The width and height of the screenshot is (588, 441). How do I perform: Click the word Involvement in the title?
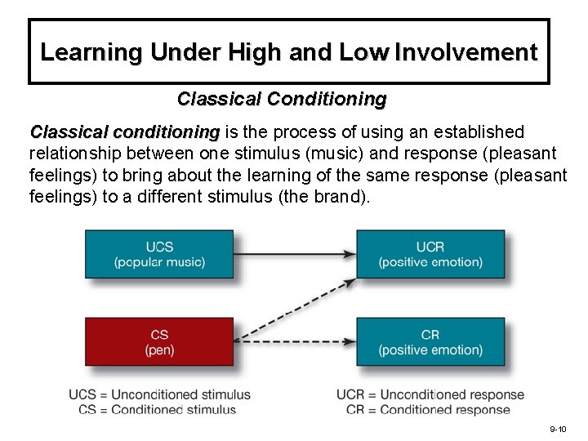pos(465,53)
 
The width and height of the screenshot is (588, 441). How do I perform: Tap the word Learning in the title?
pos(91,53)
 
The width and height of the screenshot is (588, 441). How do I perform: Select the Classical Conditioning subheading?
pos(282,100)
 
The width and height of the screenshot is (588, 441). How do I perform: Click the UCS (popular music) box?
pos(159,254)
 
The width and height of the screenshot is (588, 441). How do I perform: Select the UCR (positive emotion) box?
pos(430,254)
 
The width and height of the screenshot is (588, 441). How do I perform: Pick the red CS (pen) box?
pos(159,342)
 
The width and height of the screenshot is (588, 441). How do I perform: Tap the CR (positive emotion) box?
pos(430,342)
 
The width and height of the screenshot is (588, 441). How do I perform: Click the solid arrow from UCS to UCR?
pos(295,254)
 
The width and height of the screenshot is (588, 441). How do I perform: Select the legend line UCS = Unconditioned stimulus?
pos(160,395)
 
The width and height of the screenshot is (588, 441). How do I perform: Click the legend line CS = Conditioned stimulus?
pos(158,410)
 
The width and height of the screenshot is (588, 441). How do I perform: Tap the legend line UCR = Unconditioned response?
pos(430,395)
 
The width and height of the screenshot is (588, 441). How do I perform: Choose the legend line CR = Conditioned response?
pos(428,410)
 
